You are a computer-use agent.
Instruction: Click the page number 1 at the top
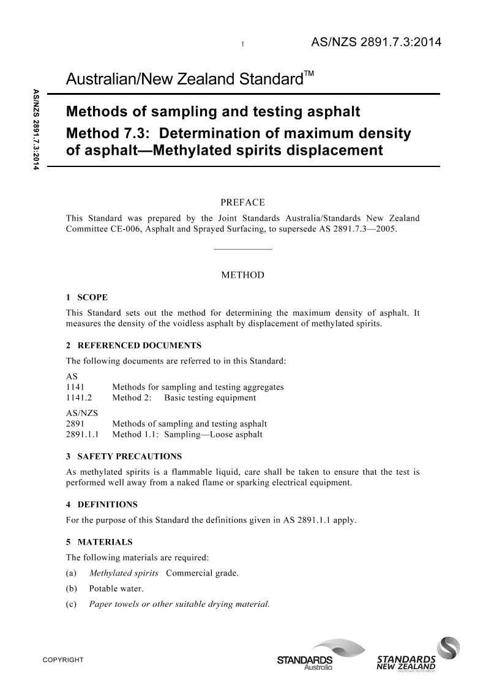pyautogui.click(x=244, y=44)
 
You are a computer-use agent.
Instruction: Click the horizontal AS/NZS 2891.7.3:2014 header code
pyautogui.click(x=376, y=42)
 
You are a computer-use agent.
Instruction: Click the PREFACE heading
pyautogui.click(x=242, y=202)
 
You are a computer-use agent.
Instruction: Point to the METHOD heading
pyautogui.click(x=242, y=275)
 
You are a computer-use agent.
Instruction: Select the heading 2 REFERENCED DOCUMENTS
pyautogui.click(x=133, y=346)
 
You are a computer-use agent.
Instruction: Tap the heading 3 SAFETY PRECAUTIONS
pyautogui.click(x=124, y=456)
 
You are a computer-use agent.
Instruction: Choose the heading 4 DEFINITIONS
pyautogui.click(x=102, y=505)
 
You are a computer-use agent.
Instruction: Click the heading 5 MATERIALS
pyautogui.click(x=99, y=542)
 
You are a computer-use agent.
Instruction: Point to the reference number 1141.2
pyautogui.click(x=78, y=398)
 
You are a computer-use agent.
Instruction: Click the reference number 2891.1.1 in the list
pyautogui.click(x=83, y=434)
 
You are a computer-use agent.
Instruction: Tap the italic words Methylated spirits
pyautogui.click(x=124, y=573)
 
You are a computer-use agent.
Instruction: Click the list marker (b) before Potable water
pyautogui.click(x=71, y=589)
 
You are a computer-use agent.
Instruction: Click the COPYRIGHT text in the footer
pyautogui.click(x=62, y=661)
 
